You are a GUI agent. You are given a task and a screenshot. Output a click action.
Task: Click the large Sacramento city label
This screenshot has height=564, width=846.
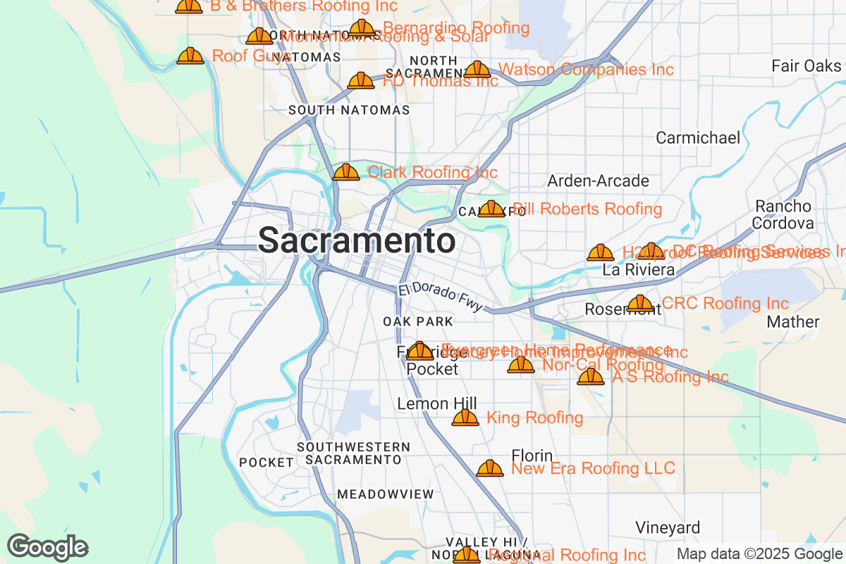click(356, 241)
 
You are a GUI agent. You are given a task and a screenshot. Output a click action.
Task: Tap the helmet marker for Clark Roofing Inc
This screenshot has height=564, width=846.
click(346, 172)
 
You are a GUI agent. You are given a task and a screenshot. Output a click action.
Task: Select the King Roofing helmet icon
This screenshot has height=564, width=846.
click(465, 418)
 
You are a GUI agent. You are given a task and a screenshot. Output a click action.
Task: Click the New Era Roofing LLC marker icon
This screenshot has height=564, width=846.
click(490, 468)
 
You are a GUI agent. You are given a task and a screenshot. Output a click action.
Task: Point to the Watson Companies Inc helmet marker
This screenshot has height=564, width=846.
click(477, 70)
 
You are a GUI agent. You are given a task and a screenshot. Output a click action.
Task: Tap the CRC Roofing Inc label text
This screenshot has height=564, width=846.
click(725, 304)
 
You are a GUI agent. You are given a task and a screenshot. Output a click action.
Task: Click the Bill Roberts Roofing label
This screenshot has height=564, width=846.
click(587, 209)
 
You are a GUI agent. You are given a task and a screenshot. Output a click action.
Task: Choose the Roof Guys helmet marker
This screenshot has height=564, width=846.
click(190, 56)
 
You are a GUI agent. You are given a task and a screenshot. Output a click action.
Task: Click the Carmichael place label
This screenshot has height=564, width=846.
click(698, 137)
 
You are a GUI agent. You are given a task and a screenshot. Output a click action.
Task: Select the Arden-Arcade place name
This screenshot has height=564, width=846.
click(599, 181)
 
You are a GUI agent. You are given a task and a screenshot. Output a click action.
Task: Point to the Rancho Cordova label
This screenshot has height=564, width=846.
click(783, 214)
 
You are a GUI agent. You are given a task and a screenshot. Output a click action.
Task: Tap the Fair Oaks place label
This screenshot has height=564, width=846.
click(807, 66)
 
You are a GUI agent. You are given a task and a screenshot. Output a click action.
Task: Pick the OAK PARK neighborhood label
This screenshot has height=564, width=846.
click(418, 321)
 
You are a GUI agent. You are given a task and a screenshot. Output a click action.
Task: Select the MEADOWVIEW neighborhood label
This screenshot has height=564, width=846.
click(385, 494)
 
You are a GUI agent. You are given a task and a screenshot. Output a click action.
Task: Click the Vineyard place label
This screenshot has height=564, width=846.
click(668, 527)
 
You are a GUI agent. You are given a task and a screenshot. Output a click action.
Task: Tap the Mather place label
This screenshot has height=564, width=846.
click(793, 322)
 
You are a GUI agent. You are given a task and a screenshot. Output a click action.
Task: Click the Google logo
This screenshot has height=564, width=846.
click(48, 547)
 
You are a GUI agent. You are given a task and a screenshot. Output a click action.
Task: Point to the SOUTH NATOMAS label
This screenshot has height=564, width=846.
click(349, 111)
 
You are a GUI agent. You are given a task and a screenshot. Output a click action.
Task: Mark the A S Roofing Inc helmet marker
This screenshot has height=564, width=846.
click(591, 376)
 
